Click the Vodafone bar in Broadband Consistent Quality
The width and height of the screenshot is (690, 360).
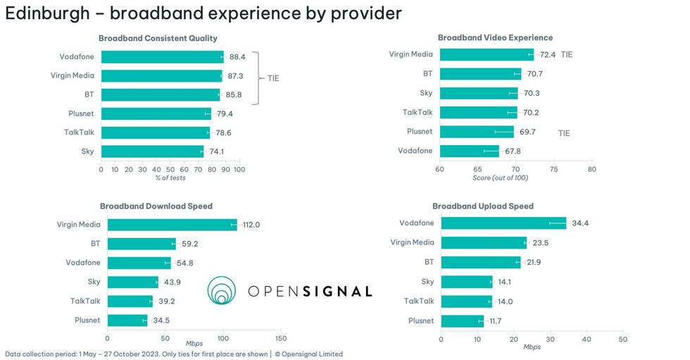[x=162, y=57]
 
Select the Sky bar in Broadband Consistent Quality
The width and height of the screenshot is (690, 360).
[x=152, y=151]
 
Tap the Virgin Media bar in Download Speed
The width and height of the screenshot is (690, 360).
[x=172, y=225]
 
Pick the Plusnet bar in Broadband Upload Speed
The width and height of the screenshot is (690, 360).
[x=462, y=321]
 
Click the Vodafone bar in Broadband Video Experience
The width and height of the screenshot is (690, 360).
[x=469, y=151]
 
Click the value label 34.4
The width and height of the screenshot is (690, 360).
[x=580, y=223]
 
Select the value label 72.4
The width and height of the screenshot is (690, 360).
[x=548, y=54]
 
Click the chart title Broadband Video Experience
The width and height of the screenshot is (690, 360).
[x=495, y=38]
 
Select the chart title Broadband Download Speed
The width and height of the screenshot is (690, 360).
[x=156, y=206]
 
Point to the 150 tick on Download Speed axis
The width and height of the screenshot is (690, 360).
[x=281, y=338]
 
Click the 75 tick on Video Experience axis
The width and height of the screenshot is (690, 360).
[x=553, y=169]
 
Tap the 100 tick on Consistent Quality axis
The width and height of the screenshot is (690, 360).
[x=239, y=169]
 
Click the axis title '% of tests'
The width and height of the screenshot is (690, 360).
[x=170, y=178]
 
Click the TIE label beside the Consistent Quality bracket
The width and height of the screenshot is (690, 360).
[x=273, y=78]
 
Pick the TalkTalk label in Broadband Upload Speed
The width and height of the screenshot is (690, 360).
[x=419, y=301]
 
